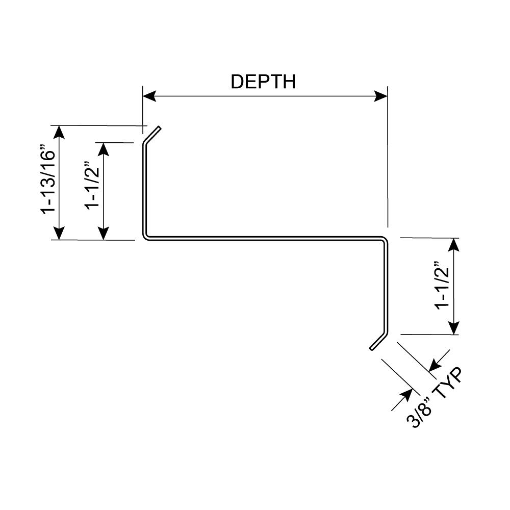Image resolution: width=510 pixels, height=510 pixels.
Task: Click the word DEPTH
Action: (263, 82)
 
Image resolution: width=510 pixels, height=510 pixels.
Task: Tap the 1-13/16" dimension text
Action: (48, 182)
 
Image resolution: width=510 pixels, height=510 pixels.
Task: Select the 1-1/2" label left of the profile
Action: (92, 185)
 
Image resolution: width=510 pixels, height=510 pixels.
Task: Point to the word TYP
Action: (448, 385)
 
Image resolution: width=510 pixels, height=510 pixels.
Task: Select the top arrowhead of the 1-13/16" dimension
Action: (60, 132)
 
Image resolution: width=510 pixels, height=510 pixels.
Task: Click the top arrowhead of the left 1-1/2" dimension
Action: (104, 149)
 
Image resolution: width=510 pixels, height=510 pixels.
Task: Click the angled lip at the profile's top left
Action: (152, 135)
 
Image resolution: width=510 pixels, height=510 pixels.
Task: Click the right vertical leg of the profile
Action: (386, 286)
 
